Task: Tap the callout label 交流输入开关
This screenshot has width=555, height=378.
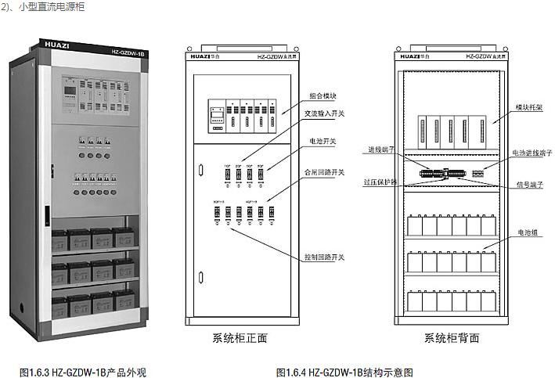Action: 324,113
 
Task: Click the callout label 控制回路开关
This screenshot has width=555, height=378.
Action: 324,257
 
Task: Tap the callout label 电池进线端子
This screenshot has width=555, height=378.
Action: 531,153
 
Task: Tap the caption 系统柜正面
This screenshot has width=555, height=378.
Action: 240,338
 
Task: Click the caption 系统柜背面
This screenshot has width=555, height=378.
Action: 452,338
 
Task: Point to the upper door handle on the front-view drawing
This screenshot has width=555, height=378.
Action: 200,167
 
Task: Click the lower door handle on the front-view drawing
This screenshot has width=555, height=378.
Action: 200,276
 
